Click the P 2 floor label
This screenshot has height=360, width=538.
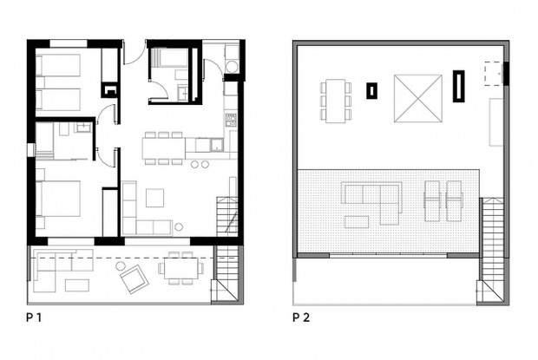301,317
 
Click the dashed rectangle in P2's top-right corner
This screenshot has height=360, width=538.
493,73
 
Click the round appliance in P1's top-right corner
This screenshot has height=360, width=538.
231,69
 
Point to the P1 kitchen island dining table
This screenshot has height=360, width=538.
164,147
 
